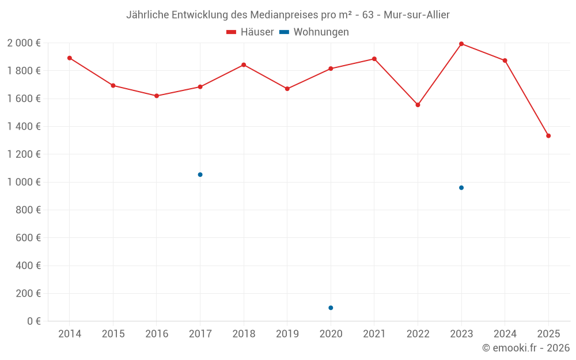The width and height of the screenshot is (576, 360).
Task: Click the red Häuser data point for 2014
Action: pos(70,58)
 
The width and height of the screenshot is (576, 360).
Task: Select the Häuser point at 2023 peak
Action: pos(461,44)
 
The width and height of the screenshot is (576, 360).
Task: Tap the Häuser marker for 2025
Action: pos(548,136)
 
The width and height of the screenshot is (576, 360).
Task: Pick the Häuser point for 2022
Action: pos(418,105)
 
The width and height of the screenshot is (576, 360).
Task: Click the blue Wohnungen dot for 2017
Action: pos(200,175)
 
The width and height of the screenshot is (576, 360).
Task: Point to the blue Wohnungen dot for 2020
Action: pos(331,308)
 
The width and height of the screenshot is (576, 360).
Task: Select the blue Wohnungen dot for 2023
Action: pos(461,188)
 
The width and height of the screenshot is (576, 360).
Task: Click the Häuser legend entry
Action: pos(250,32)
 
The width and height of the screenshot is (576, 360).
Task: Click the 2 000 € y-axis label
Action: pos(24,43)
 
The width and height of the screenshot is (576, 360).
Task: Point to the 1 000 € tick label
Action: pos(24,182)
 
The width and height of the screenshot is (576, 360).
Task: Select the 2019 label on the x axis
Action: pos(287,334)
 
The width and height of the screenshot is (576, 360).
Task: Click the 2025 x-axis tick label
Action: pos(548,334)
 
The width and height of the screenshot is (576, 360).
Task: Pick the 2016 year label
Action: pos(157,334)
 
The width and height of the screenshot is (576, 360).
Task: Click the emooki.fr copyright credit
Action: pos(525,348)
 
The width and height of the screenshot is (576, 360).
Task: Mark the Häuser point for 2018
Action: pos(244,65)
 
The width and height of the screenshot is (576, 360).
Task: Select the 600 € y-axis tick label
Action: pos(27,237)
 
